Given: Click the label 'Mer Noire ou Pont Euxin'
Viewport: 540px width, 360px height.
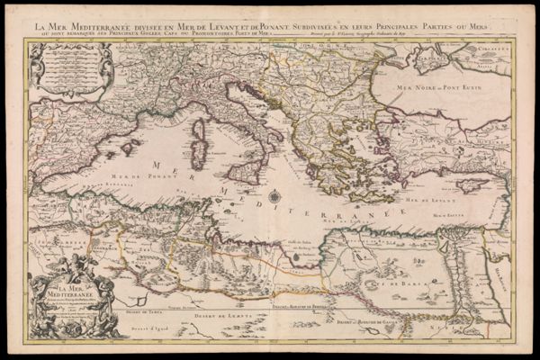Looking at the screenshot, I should point(421,89).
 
